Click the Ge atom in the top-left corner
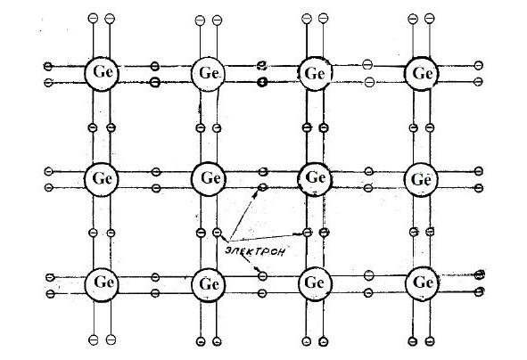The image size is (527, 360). coord(102,74)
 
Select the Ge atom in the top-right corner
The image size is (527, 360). coord(422,74)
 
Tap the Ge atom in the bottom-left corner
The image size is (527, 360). coord(102,284)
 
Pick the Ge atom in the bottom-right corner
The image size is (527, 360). coord(422,283)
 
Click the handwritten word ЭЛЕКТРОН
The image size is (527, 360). coord(255,251)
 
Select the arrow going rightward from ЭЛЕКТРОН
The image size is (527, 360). coord(266,237)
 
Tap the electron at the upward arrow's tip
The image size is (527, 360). coord(263,187)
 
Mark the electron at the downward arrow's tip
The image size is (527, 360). coord(263,276)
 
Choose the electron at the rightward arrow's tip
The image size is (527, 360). coord(307,233)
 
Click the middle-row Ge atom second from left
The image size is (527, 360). coord(209,179)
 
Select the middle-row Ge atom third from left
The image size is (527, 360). coord(315,179)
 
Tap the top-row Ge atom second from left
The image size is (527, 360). coord(208,74)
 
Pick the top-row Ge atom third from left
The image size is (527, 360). coord(315,74)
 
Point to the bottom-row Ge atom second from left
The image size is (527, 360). coord(209,285)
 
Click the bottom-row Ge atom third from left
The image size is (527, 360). coord(315,284)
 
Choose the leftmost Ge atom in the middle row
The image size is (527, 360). coord(102,179)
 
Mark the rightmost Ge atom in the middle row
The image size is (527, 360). coord(421,180)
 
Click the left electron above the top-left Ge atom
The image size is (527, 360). coord(93,18)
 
